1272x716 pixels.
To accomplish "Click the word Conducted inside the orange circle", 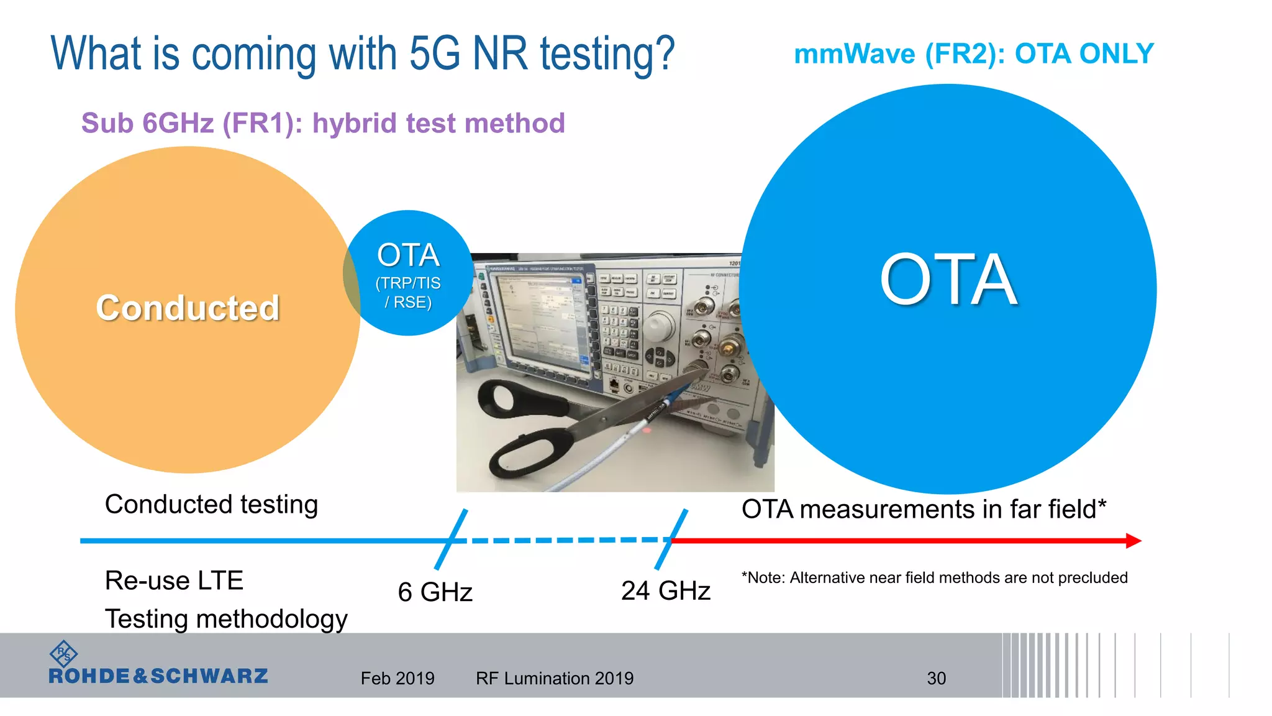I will coord(188,308).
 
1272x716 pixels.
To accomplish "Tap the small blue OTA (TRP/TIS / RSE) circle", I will coord(408,273).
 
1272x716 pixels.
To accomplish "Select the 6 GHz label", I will coord(435,592).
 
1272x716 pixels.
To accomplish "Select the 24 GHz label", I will coord(665,590).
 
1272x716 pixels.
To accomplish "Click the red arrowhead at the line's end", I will coord(1133,541).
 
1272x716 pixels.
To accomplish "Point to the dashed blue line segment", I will coord(565,540).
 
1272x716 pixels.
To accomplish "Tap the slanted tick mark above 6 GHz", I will coord(451,539).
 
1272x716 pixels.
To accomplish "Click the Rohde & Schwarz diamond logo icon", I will coord(63,654).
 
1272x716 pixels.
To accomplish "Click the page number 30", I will coord(936,678).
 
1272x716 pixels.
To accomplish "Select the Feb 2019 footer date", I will coord(397,678).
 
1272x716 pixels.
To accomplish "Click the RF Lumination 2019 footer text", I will coord(555,678).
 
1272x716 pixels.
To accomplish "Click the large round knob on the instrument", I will coord(659,325).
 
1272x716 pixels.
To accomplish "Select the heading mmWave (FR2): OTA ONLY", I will coord(973,54).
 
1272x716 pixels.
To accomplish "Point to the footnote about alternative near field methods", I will coord(934,577).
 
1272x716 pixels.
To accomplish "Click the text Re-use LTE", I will coord(174,581).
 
